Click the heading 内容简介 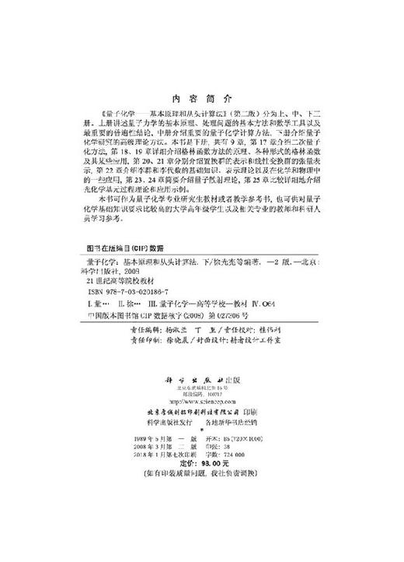coord(200,100)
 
